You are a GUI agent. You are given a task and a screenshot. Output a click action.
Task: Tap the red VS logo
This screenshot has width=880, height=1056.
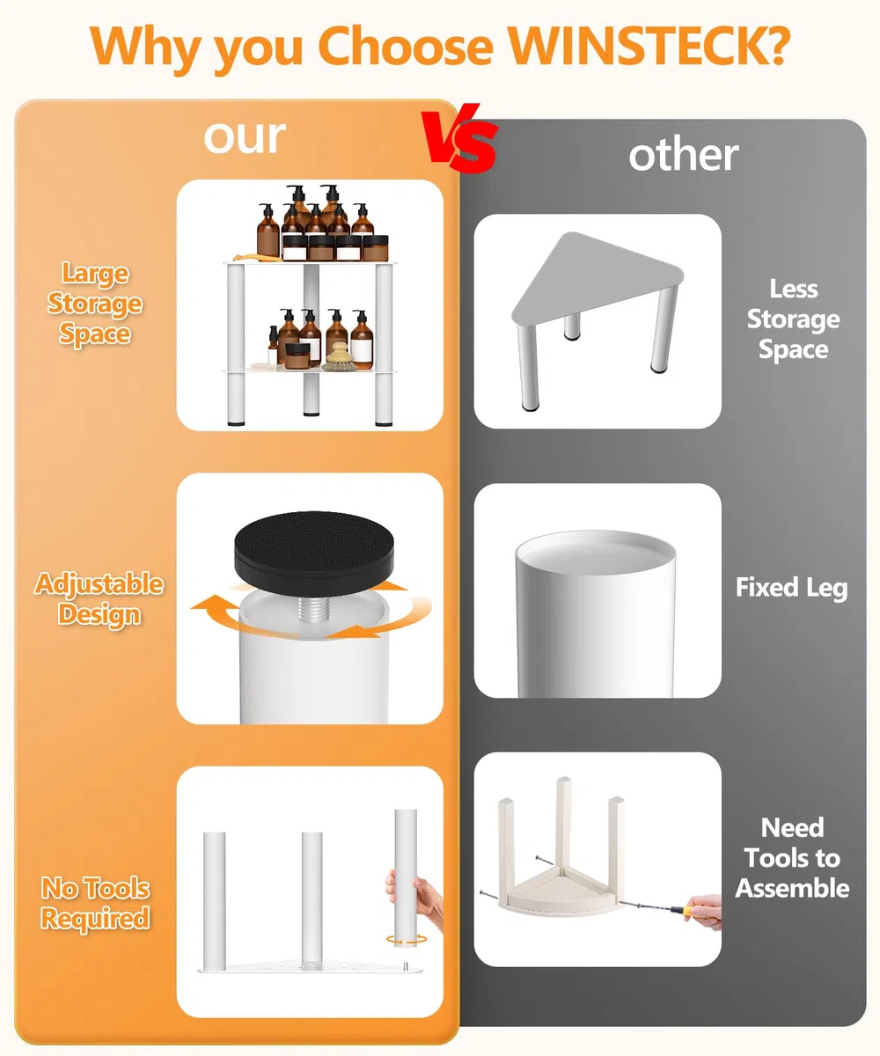pyautogui.click(x=460, y=138)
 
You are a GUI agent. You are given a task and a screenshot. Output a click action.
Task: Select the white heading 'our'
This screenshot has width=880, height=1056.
pyautogui.click(x=245, y=137)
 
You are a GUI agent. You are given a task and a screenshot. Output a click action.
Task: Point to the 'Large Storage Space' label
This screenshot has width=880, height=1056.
pyautogui.click(x=95, y=304)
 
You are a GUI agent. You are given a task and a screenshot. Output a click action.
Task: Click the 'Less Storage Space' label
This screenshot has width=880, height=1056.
pyautogui.click(x=793, y=319)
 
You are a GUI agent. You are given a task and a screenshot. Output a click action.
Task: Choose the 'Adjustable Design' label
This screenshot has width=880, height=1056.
pyautogui.click(x=99, y=600)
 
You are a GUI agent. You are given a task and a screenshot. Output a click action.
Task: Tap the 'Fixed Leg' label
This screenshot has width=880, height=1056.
pyautogui.click(x=791, y=588)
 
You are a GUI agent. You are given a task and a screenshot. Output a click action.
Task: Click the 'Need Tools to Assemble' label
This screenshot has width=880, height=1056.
pyautogui.click(x=793, y=858)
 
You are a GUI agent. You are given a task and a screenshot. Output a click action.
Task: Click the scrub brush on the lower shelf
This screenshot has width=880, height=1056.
pyautogui.click(x=337, y=357)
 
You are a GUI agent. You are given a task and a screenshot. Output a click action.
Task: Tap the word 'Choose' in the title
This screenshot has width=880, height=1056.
pyautogui.click(x=406, y=47)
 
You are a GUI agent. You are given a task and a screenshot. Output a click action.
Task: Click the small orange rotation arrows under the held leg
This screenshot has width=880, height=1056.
pyautogui.click(x=406, y=940)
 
